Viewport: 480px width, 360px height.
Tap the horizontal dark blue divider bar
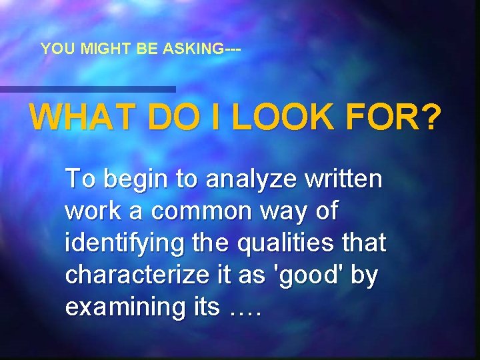87,89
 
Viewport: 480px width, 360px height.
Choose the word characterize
137,275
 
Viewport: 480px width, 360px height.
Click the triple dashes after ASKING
233,49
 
